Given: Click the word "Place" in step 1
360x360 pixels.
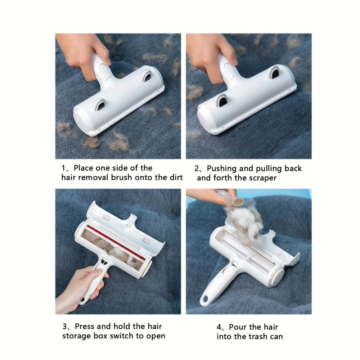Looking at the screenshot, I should point(84,168).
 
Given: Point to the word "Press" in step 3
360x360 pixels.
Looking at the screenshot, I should point(85,327).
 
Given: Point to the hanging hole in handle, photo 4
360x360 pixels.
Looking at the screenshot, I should point(206,300).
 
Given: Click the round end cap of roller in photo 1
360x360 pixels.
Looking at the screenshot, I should point(81,123).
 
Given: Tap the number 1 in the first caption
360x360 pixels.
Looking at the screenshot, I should point(63,168).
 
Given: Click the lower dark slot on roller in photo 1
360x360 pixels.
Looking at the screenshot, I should point(100,105).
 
